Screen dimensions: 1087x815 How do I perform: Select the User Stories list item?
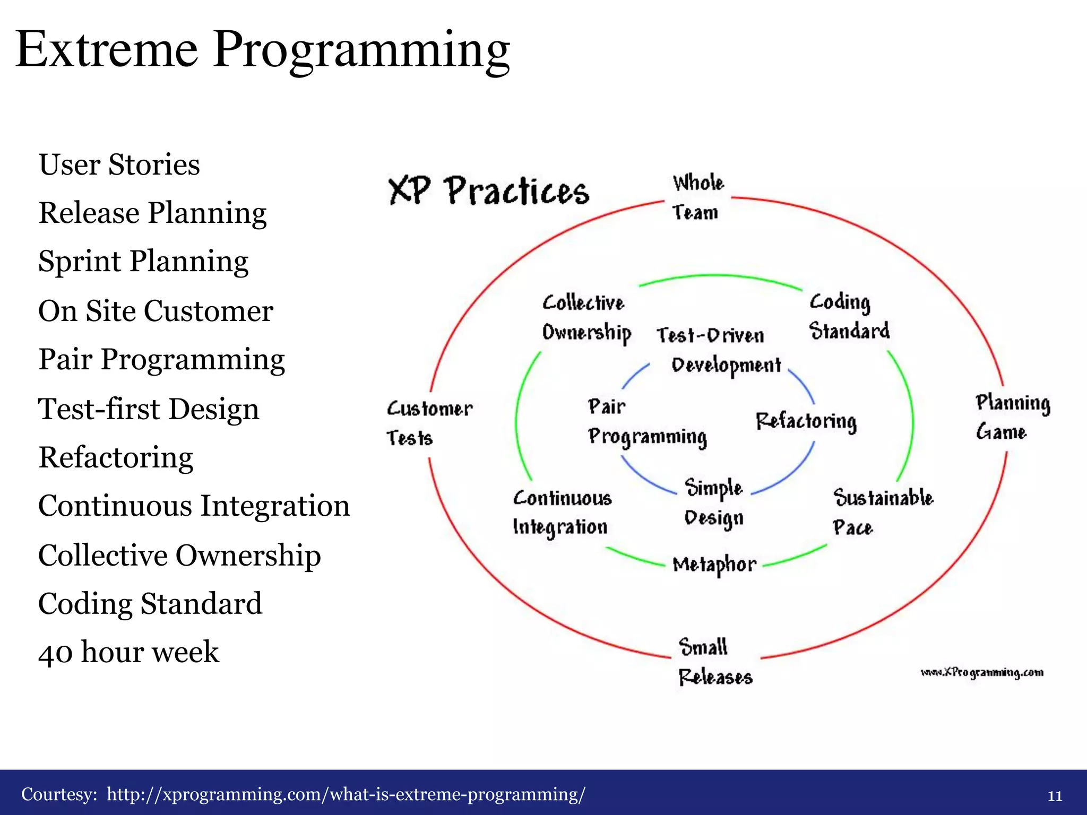pyautogui.click(x=119, y=164)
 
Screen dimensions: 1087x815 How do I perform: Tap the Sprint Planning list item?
pyautogui.click(x=143, y=262)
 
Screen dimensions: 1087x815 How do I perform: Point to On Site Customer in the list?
pyautogui.click(x=156, y=311)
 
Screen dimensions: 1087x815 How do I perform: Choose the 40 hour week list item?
pyautogui.click(x=128, y=652)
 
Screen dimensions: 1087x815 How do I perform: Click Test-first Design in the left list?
pyautogui.click(x=149, y=409)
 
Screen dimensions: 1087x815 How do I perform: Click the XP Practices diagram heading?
pyautogui.click(x=489, y=190)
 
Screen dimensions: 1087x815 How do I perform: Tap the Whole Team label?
pyautogui.click(x=697, y=197)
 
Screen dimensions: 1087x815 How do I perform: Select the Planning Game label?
pyautogui.click(x=1012, y=418)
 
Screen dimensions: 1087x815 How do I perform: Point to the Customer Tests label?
pyautogui.click(x=429, y=423)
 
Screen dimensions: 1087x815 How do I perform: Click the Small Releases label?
pyautogui.click(x=714, y=662)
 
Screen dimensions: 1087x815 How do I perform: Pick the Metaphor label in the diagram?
pyautogui.click(x=714, y=565)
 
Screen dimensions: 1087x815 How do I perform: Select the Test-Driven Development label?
pyautogui.click(x=719, y=350)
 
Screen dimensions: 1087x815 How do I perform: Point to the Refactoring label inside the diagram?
pyautogui.click(x=806, y=422)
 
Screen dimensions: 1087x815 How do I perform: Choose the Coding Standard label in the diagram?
pyautogui.click(x=849, y=316)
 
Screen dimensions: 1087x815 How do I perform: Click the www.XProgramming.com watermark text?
pyautogui.click(x=981, y=673)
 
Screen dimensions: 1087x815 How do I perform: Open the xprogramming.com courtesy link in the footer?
pyautogui.click(x=346, y=794)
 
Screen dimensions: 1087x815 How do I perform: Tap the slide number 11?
pyautogui.click(x=1054, y=796)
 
